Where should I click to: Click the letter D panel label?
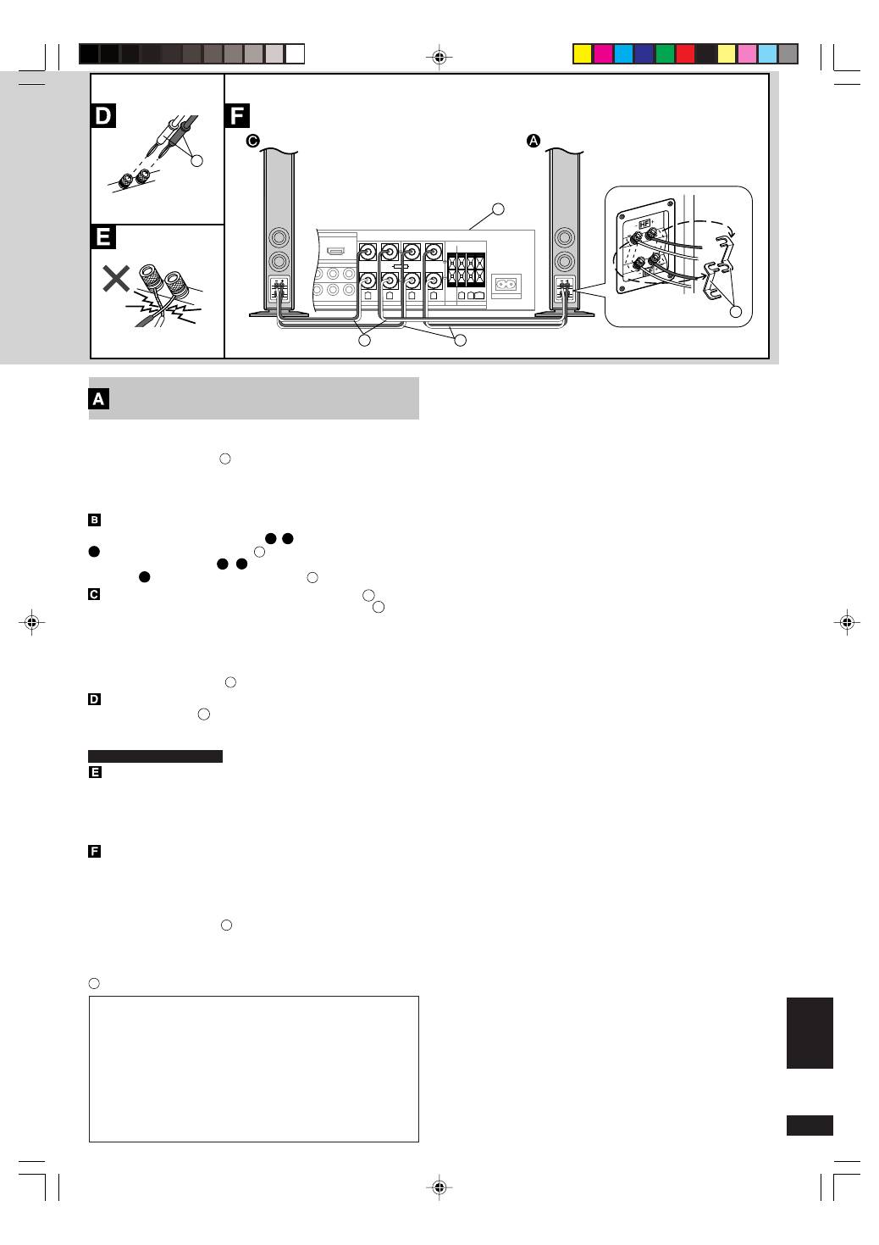(103, 115)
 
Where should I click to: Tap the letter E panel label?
(103, 236)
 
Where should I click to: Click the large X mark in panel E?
(115, 278)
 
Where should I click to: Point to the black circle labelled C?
(252, 142)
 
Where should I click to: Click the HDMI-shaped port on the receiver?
(336, 252)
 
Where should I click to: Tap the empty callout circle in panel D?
(196, 159)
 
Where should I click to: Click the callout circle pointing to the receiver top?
(499, 208)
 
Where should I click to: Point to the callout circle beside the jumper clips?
(736, 312)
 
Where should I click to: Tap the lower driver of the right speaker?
(562, 261)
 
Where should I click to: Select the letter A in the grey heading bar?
(99, 399)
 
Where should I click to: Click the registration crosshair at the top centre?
(439, 58)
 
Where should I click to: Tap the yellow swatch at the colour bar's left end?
(583, 54)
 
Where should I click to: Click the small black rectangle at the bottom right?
(810, 1125)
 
